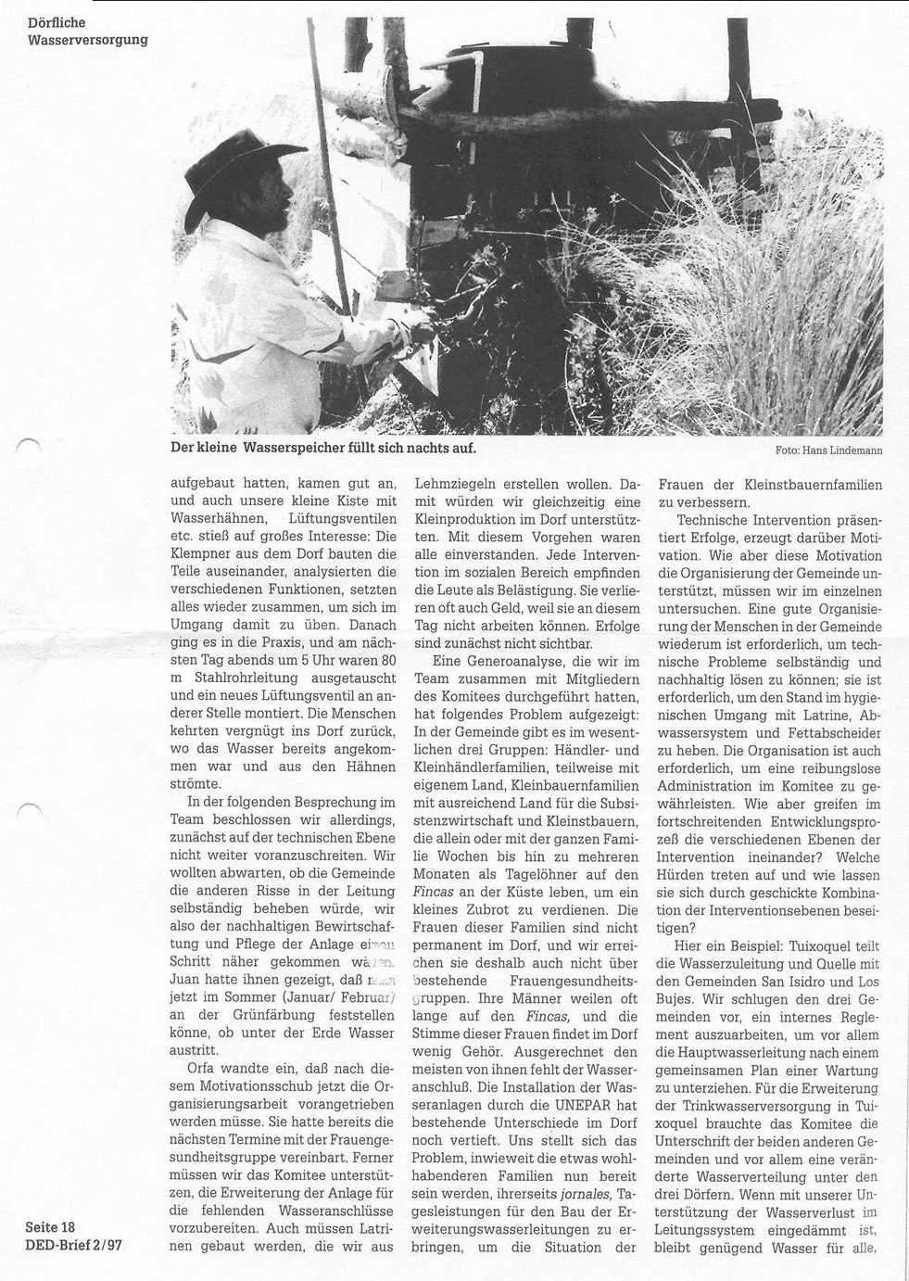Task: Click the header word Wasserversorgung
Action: tap(87, 39)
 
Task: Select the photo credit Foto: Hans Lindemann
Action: tap(828, 450)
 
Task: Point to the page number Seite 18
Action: tap(50, 1227)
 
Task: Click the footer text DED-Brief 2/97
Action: tap(73, 1245)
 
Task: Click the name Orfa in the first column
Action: tap(202, 1068)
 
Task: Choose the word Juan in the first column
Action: tap(186, 979)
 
